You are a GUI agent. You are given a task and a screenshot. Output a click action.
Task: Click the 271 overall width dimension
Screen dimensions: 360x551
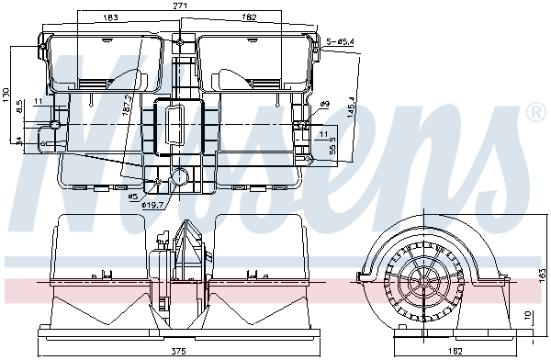point(180,6)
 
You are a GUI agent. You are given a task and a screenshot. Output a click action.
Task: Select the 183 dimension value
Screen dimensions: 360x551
point(110,17)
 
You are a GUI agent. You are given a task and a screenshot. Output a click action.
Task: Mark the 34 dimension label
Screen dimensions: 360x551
point(19,141)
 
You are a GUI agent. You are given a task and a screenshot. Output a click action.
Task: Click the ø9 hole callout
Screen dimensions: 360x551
point(324,104)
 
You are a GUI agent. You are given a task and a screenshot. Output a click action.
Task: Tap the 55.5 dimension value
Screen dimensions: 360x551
point(332,145)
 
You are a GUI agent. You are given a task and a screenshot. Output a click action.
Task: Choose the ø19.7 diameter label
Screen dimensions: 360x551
point(152,204)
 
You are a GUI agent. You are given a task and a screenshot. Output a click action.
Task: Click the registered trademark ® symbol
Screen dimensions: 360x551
point(535,113)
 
